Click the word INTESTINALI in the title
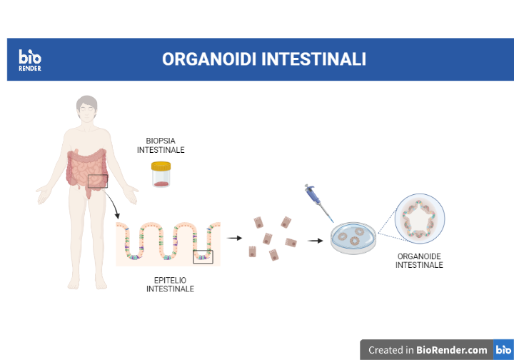313,59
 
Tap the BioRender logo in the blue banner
30,60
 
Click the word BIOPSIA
161,141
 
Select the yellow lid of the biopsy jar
161,166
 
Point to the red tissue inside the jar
161,184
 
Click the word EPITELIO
170,280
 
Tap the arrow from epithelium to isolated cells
234,238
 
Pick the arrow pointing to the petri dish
315,241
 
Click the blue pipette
318,202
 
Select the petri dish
353,239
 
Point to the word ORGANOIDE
419,256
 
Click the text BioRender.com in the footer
452,350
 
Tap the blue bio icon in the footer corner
503,350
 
